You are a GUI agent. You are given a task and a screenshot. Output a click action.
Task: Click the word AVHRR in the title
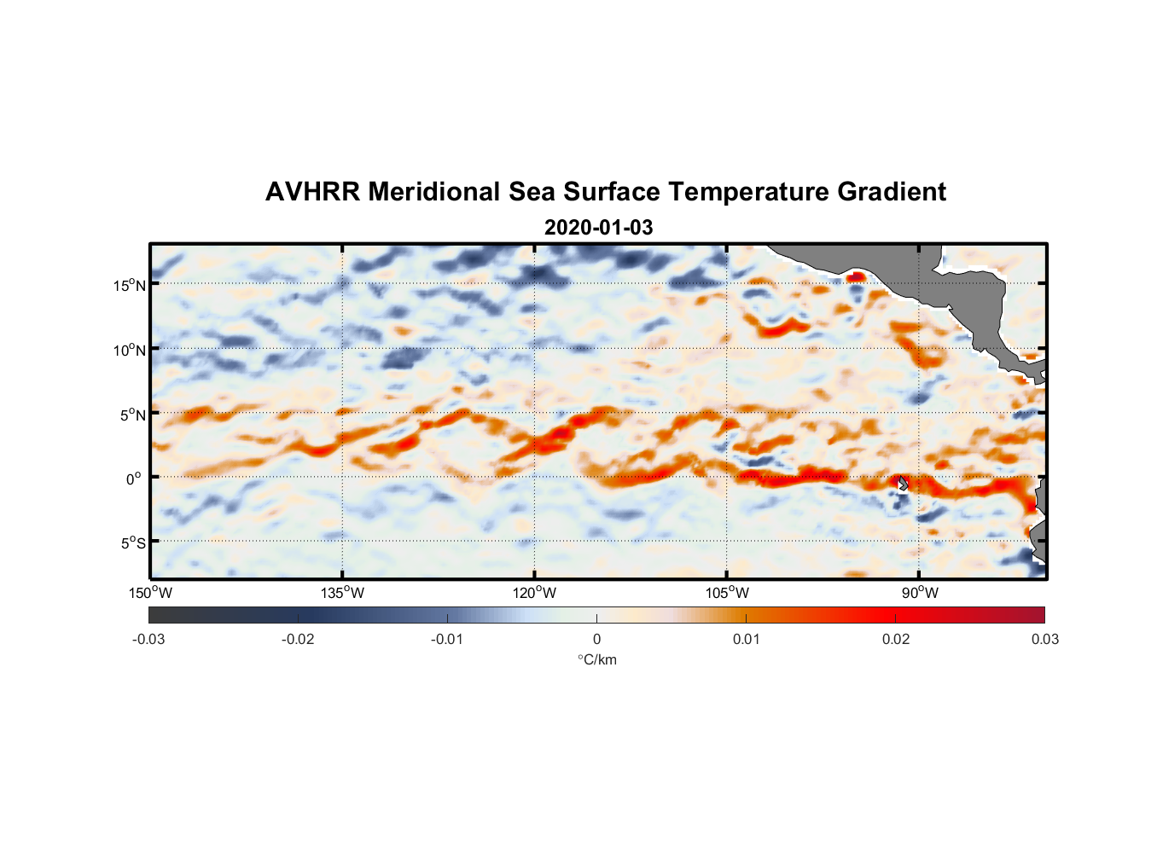tap(312, 192)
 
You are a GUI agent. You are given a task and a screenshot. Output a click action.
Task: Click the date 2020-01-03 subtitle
tap(598, 228)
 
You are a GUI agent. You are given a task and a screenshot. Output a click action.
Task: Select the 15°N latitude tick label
tap(129, 285)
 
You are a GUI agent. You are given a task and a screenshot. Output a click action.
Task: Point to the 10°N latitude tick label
tap(129, 350)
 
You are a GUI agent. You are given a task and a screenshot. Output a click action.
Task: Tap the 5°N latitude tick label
tap(131, 415)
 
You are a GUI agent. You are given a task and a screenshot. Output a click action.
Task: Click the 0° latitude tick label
tap(134, 479)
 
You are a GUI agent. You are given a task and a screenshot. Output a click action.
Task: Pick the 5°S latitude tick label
tap(131, 543)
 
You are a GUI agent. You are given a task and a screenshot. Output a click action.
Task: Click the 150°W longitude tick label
tap(151, 593)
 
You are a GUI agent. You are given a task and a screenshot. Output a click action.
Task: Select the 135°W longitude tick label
tap(343, 593)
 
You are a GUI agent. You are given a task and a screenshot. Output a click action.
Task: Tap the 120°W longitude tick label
tap(535, 593)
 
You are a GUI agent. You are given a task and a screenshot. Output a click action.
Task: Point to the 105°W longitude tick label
tap(727, 593)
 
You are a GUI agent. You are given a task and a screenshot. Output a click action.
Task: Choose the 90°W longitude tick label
tap(920, 593)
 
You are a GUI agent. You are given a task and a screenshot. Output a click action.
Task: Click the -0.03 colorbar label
tap(148, 639)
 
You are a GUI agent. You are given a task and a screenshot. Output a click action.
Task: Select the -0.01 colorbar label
tap(447, 639)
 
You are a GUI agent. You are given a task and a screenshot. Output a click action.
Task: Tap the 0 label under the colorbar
tap(596, 639)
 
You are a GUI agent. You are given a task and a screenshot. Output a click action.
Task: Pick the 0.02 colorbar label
tap(896, 639)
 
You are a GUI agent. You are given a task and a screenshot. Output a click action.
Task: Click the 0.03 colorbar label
tap(1044, 639)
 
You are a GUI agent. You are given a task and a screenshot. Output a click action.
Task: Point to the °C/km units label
tap(597, 659)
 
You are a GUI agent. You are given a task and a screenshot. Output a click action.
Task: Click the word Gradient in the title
tap(891, 192)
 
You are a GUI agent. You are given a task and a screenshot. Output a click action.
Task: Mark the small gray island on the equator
tap(903, 484)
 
